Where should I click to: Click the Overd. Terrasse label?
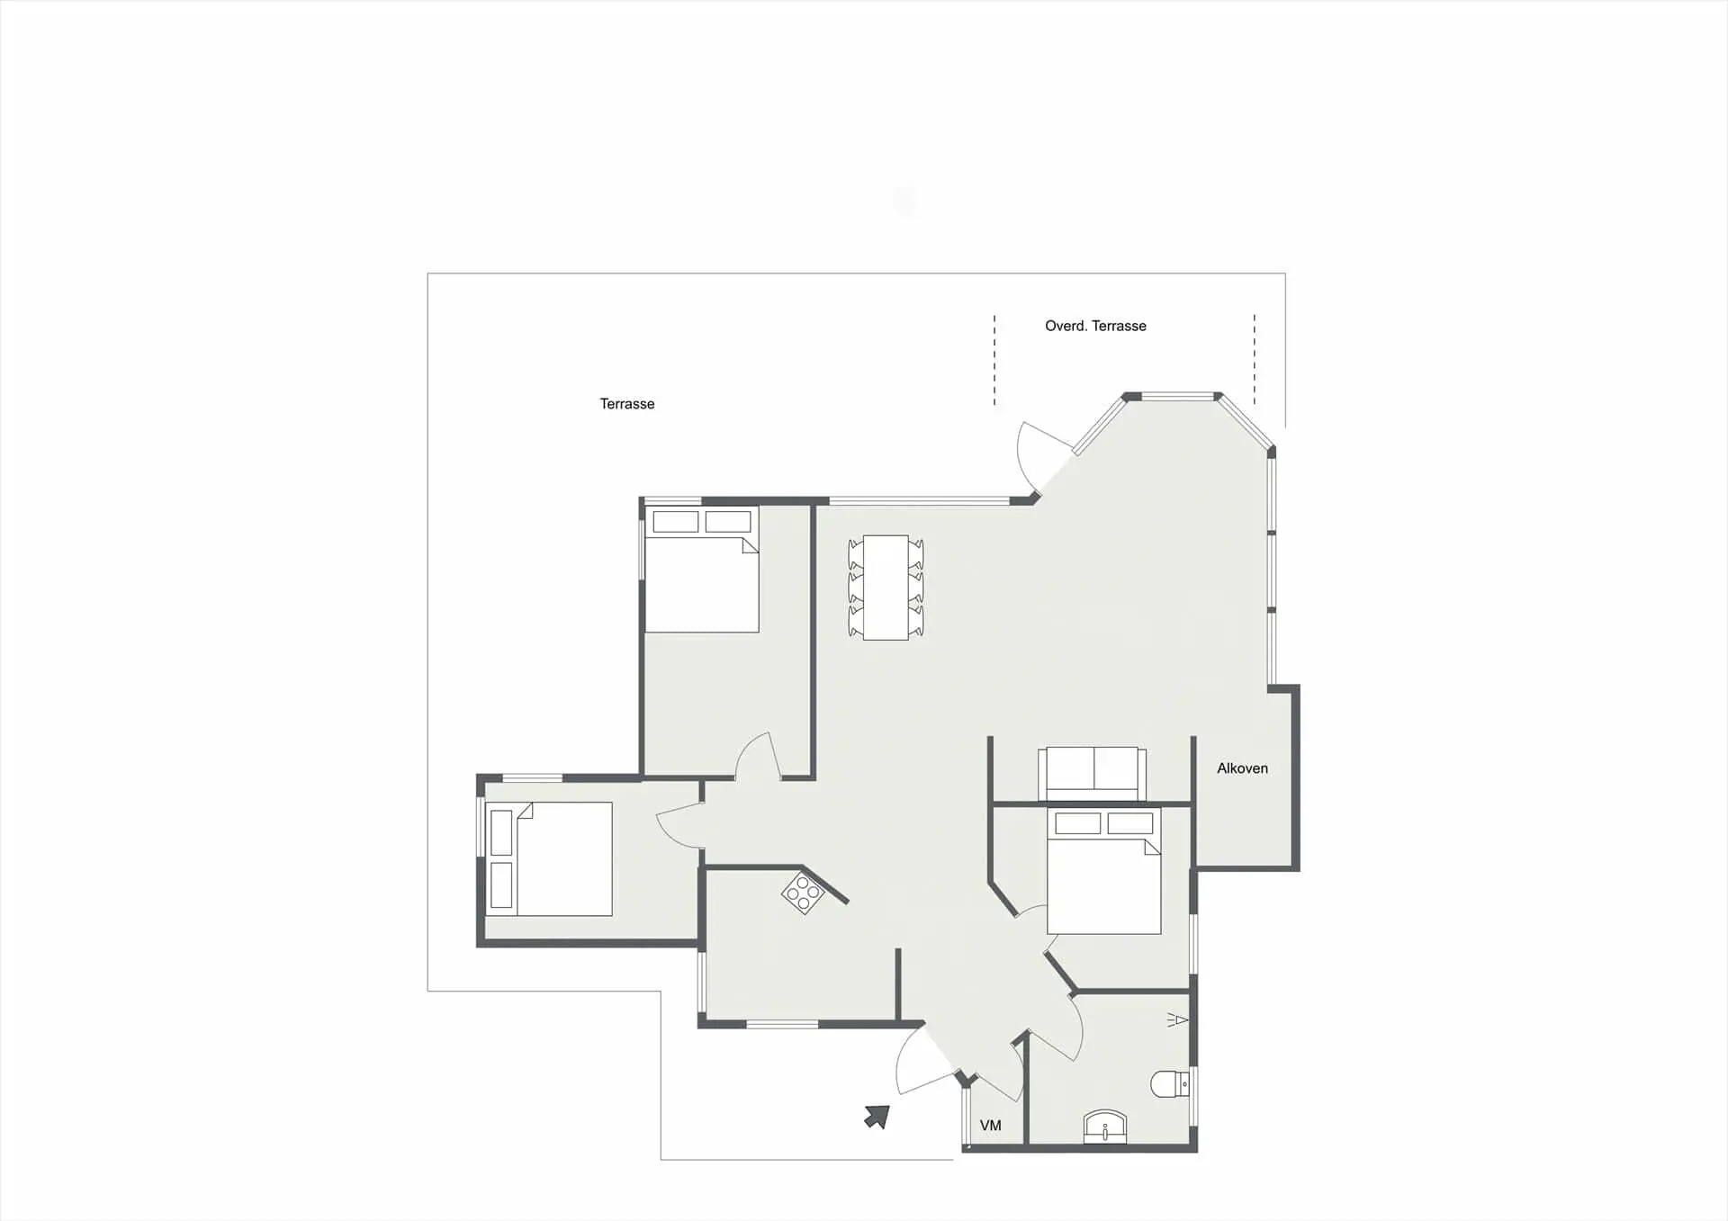[1095, 326]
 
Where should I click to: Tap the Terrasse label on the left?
[627, 404]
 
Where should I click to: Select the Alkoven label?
[1242, 768]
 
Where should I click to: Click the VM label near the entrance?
[990, 1126]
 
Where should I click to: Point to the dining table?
[886, 588]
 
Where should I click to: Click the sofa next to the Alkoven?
[1093, 773]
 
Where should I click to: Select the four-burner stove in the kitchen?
[803, 893]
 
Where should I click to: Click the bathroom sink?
[1105, 1127]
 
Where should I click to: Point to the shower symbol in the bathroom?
[1178, 1019]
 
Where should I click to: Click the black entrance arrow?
[877, 1117]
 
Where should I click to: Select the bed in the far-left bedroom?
[549, 859]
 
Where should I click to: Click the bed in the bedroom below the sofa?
[1104, 870]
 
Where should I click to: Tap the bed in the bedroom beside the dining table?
[702, 569]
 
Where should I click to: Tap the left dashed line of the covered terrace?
[994, 360]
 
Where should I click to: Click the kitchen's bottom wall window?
[782, 1024]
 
